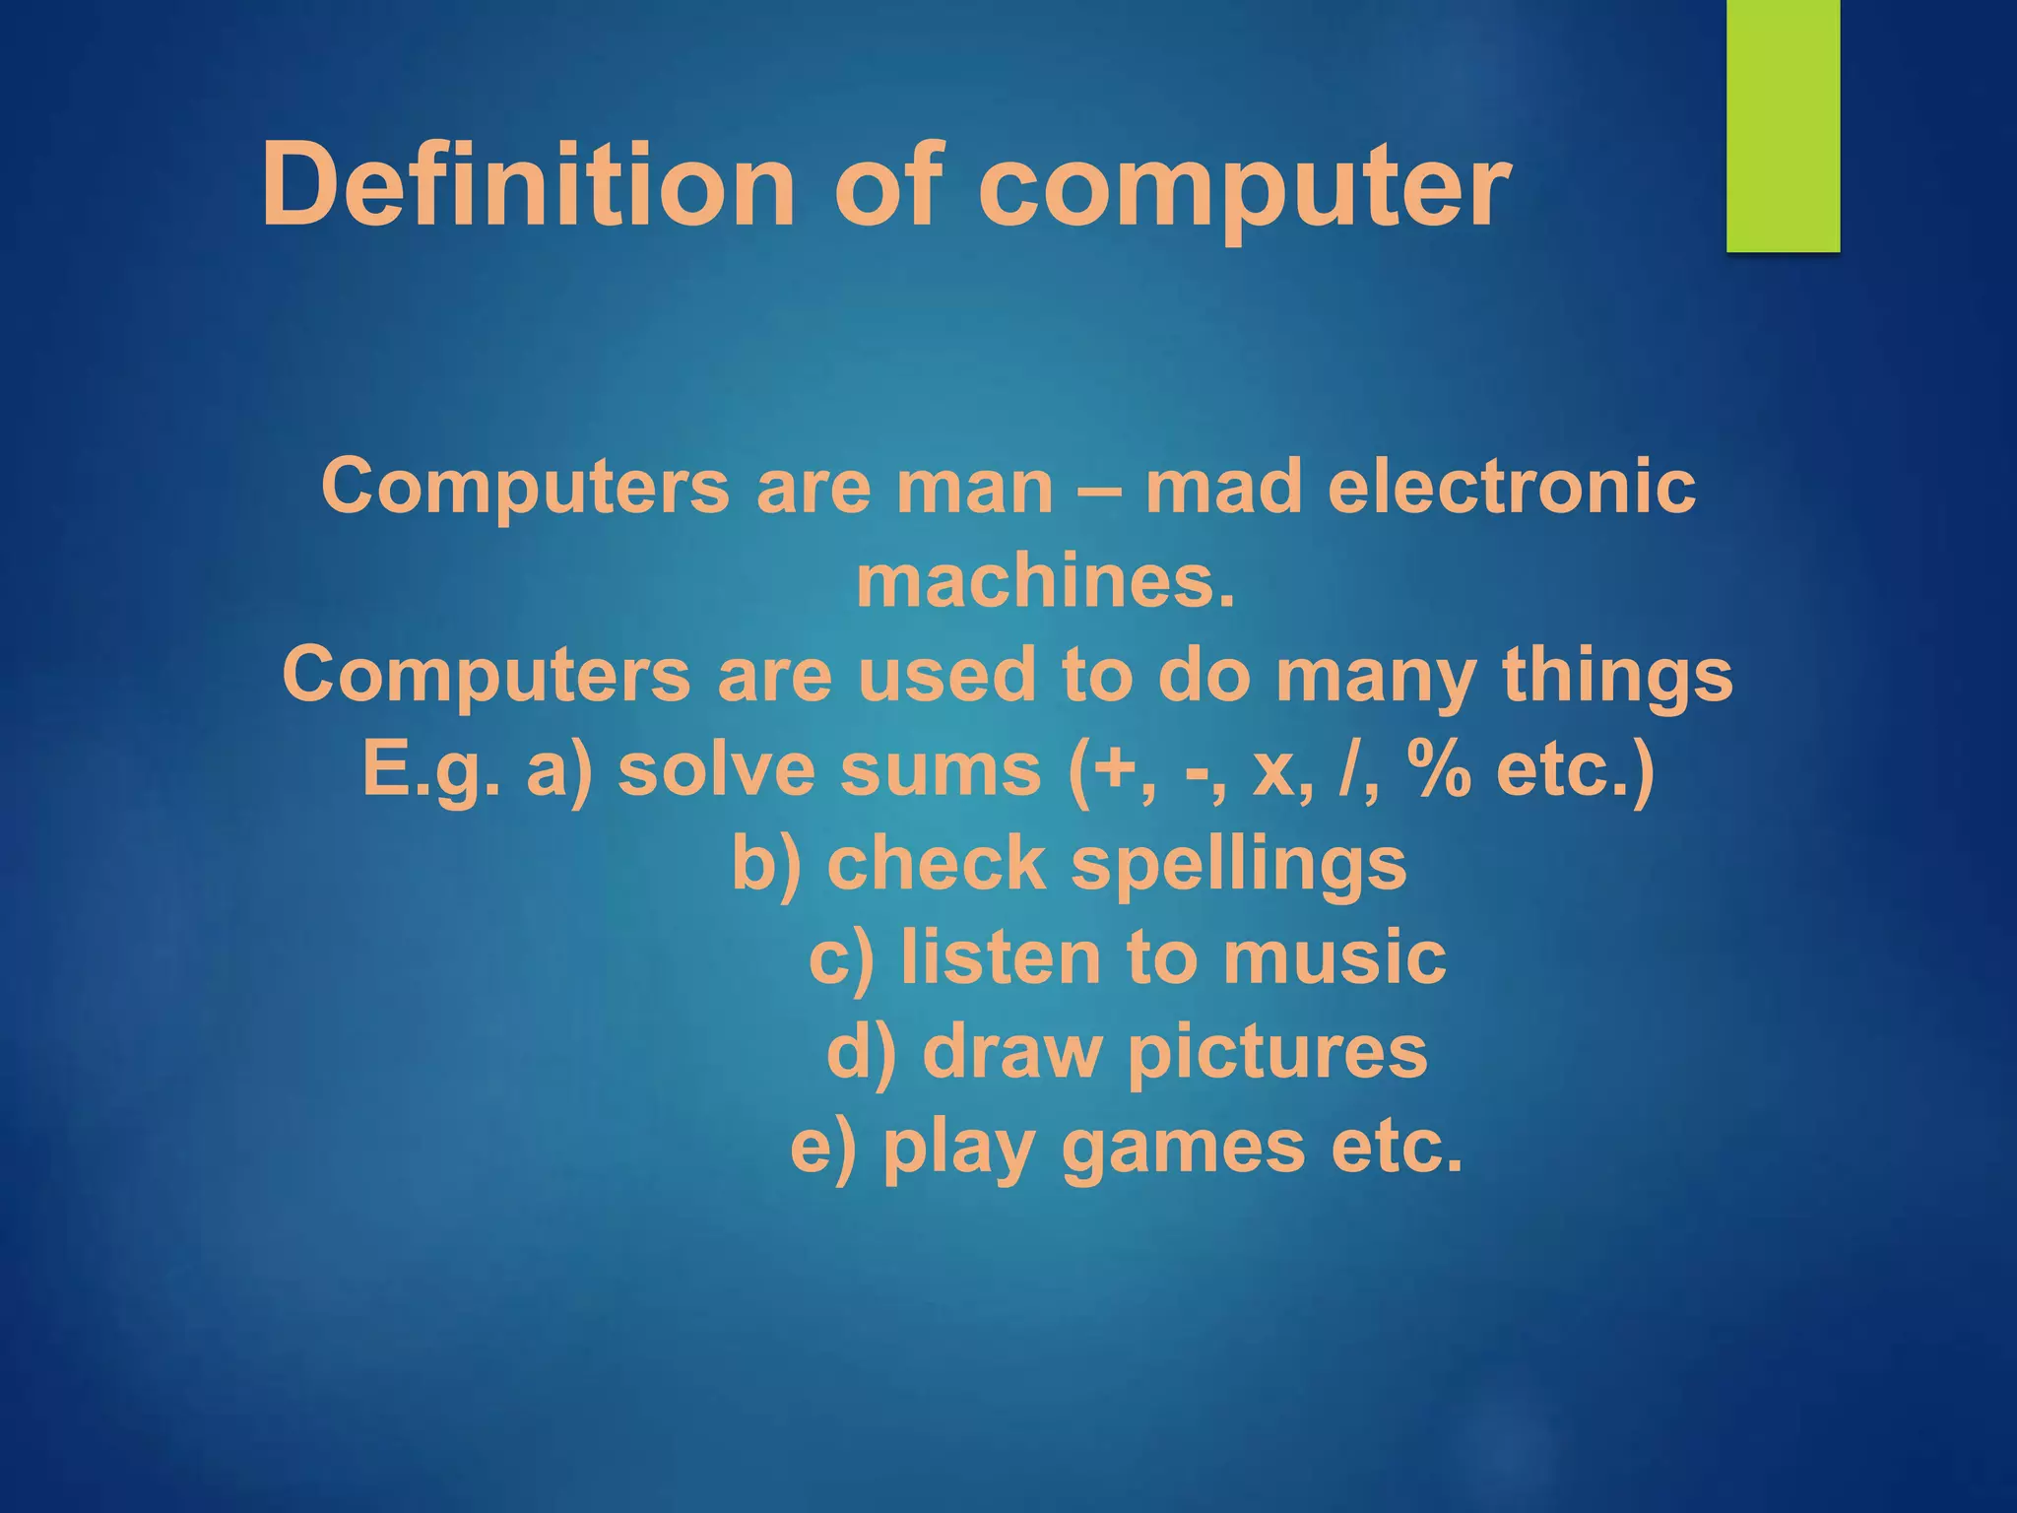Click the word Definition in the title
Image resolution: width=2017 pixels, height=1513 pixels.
(527, 184)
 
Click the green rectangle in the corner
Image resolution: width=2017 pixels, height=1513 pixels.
(1783, 125)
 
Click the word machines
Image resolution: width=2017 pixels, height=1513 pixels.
(1045, 581)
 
